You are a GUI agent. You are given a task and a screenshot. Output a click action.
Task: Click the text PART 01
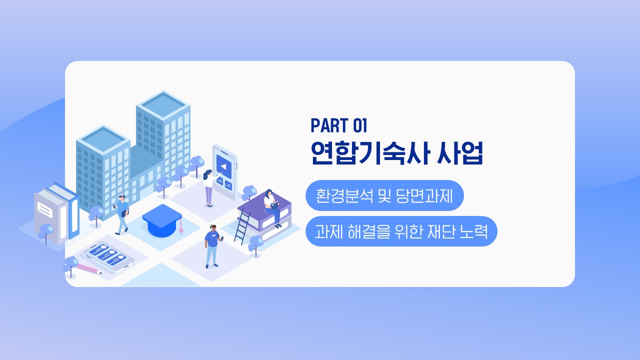tap(338, 125)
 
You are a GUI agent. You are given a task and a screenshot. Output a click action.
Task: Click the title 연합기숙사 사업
tap(397, 153)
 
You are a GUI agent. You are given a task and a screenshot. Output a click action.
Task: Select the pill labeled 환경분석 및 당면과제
tap(384, 195)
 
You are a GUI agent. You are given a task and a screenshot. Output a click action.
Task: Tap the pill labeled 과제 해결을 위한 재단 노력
tap(401, 231)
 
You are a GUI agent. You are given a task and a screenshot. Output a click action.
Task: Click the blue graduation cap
tap(162, 220)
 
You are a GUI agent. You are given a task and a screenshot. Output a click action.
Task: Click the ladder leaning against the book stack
tap(242, 226)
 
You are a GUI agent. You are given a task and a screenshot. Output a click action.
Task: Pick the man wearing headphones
tap(213, 246)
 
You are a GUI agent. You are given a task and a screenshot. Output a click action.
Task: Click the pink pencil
tap(88, 268)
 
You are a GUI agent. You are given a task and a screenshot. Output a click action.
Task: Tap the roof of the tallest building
tap(163, 104)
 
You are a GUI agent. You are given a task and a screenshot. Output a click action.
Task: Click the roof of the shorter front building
tap(103, 139)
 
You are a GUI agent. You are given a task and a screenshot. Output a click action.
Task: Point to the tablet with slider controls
tap(108, 256)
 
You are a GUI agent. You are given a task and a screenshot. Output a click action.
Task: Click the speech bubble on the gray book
tap(45, 209)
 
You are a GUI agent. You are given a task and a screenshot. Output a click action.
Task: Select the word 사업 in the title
tap(460, 153)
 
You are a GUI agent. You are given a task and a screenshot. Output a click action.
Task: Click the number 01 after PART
tap(360, 125)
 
